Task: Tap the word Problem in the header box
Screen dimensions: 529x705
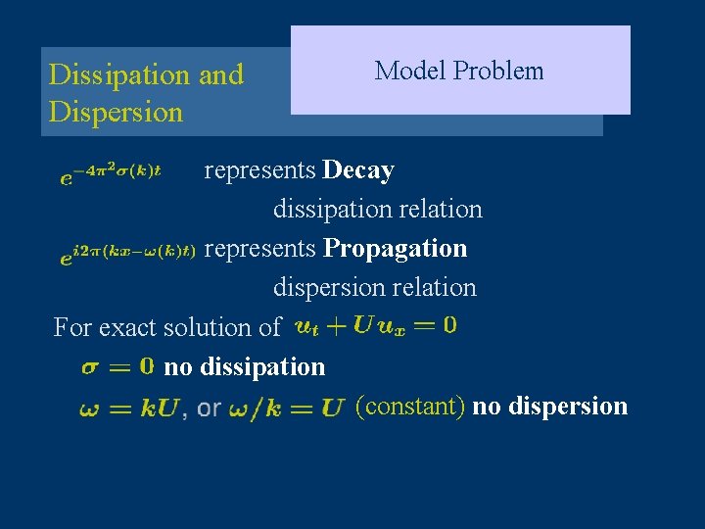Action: (x=498, y=71)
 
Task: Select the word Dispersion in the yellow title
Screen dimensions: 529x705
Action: (x=116, y=112)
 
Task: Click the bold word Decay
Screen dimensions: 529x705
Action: (x=358, y=170)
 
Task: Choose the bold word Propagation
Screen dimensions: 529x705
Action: (x=395, y=249)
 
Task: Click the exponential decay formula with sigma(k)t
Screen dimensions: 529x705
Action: (x=111, y=172)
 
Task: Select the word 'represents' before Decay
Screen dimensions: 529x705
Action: (x=259, y=170)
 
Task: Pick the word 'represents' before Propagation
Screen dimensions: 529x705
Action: (x=259, y=249)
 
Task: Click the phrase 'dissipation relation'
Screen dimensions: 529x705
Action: (x=377, y=210)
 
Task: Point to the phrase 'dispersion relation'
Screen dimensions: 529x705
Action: (x=374, y=288)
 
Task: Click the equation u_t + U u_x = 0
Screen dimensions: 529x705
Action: (x=374, y=325)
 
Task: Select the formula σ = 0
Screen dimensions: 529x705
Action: (x=117, y=366)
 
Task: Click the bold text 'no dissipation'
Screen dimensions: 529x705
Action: (x=244, y=366)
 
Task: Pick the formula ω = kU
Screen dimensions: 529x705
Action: (x=128, y=408)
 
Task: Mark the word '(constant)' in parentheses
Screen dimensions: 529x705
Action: (x=410, y=406)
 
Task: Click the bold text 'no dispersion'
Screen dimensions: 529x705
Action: (x=549, y=406)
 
